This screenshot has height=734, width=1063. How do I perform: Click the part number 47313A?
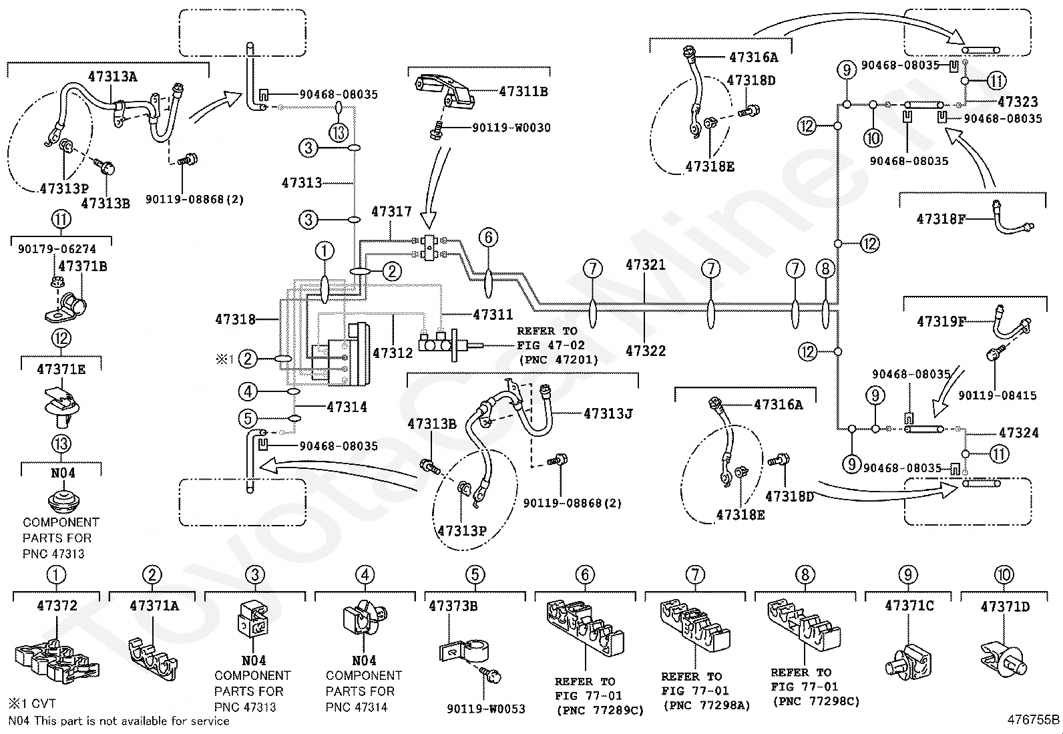pyautogui.click(x=112, y=76)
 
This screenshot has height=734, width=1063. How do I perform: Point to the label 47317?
pyautogui.click(x=391, y=212)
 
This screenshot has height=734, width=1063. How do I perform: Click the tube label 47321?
pyautogui.click(x=645, y=264)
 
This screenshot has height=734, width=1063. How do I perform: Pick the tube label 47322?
pyautogui.click(x=645, y=350)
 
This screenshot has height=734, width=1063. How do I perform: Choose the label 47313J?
pyautogui.click(x=608, y=413)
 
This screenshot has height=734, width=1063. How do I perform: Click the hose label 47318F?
pyautogui.click(x=941, y=218)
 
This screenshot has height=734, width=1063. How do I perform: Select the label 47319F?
pyautogui.click(x=941, y=321)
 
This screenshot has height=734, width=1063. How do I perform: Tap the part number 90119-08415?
pyautogui.click(x=997, y=395)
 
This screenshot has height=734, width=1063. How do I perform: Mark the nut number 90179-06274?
pyautogui.click(x=57, y=249)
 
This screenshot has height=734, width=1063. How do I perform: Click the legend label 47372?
pyautogui.click(x=57, y=606)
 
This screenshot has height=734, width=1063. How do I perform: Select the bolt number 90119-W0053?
pyautogui.click(x=486, y=709)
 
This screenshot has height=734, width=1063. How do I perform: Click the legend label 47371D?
pyautogui.click(x=1005, y=606)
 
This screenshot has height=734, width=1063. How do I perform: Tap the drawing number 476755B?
pyautogui.click(x=1033, y=719)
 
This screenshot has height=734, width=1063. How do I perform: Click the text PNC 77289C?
pyautogui.click(x=600, y=710)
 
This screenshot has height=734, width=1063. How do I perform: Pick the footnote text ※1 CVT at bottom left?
pyautogui.click(x=32, y=703)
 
